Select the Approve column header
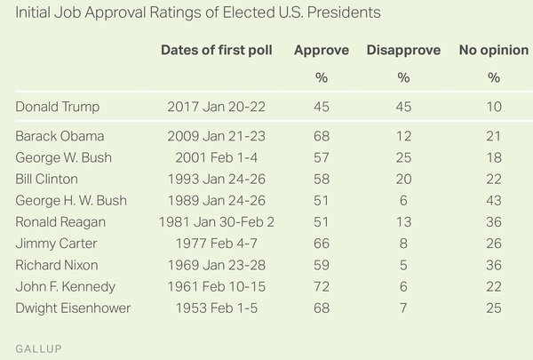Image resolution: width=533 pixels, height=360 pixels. click(x=321, y=50)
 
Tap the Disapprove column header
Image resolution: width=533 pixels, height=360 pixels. click(x=403, y=50)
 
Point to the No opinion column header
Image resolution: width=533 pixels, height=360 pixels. click(x=493, y=50)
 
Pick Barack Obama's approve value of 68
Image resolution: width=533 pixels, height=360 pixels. click(x=321, y=136)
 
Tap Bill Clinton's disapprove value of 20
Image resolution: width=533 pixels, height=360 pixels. click(x=403, y=178)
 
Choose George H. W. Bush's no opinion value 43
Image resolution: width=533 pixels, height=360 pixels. click(x=493, y=199)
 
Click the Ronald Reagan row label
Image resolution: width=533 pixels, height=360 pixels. click(x=63, y=221)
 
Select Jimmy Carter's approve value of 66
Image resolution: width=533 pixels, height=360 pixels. click(x=321, y=243)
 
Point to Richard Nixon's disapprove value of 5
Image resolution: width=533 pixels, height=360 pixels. click(x=403, y=264)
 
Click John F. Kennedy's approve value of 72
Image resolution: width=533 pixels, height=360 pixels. click(x=321, y=285)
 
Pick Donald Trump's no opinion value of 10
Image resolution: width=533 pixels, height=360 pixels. click(x=493, y=108)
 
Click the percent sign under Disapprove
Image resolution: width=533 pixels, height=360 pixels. click(x=403, y=77)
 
